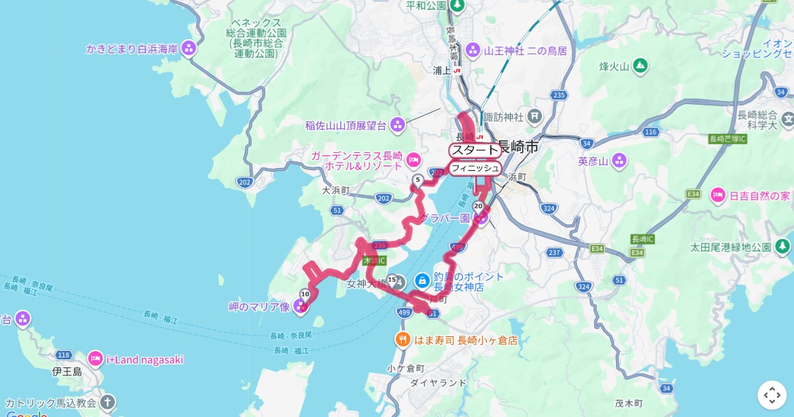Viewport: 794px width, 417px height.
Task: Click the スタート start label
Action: [x=474, y=150]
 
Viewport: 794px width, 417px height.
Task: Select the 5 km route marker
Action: [x=418, y=180]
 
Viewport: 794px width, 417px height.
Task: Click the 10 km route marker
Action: [x=305, y=294]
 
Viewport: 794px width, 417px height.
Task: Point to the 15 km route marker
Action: [x=392, y=280]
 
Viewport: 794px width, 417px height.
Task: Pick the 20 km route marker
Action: [x=478, y=207]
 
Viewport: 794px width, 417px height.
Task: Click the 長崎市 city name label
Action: [x=518, y=147]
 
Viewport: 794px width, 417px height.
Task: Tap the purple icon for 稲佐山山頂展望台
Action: [x=397, y=124]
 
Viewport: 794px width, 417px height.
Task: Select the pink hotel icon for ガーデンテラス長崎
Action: [x=414, y=160]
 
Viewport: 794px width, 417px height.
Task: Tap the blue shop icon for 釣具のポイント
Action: [x=421, y=281]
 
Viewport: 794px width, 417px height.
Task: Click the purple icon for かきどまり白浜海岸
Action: [x=189, y=48]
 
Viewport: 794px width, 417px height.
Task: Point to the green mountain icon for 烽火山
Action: [x=639, y=66]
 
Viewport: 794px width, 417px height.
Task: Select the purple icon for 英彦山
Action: [x=619, y=160]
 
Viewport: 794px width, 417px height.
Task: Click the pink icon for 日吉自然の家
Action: [x=717, y=195]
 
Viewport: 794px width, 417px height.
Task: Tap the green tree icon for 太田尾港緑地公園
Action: [x=782, y=246]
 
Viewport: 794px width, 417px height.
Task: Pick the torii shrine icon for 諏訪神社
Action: [x=535, y=117]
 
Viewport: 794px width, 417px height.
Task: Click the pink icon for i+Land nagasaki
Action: [x=95, y=359]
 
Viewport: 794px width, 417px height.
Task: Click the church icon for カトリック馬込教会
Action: [x=107, y=402]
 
